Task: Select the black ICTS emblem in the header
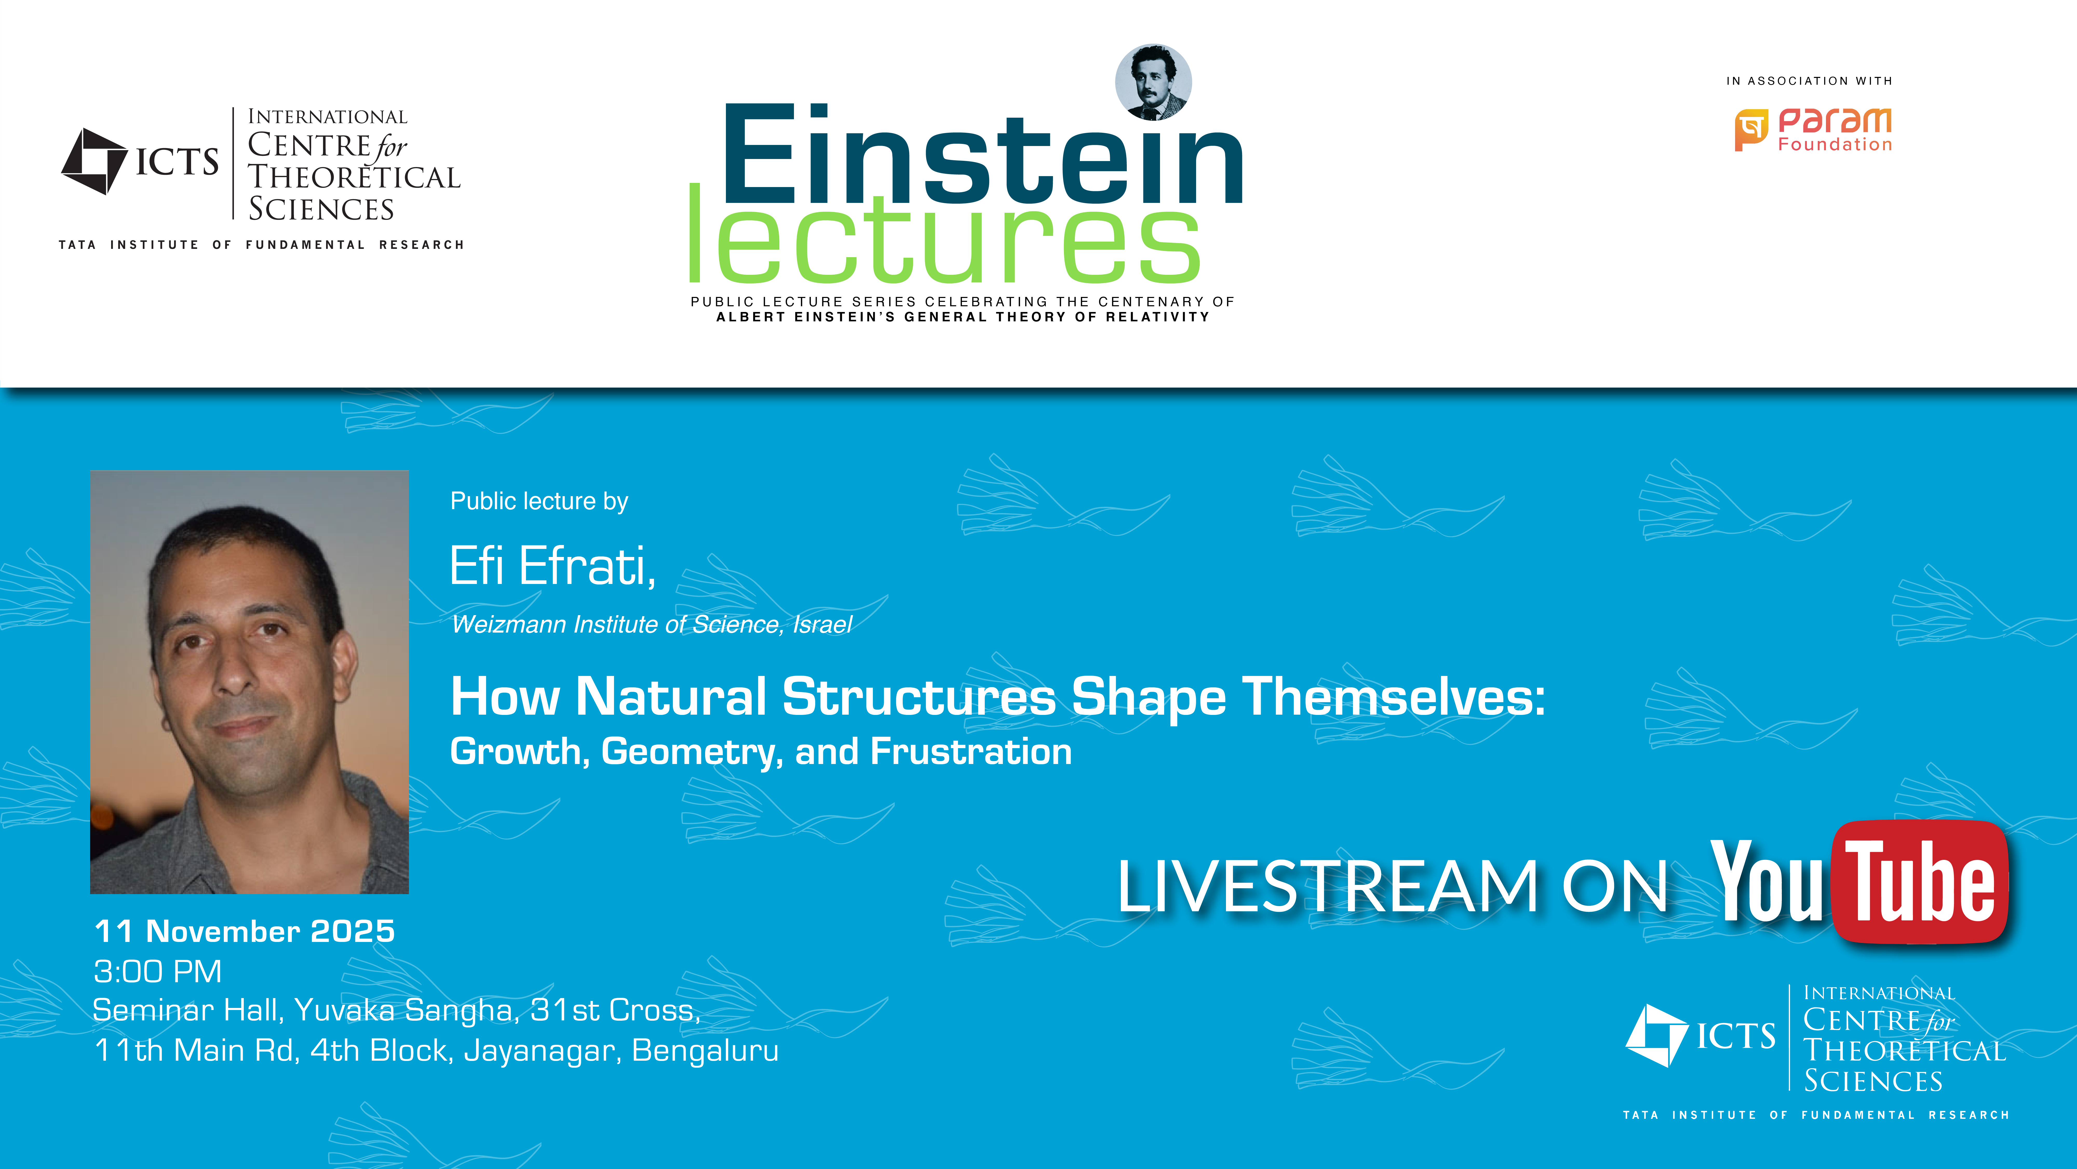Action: [94, 161]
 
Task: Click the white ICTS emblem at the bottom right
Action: [1657, 1035]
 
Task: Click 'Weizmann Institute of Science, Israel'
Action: [651, 625]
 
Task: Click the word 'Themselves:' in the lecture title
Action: [1393, 697]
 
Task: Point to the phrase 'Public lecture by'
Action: [539, 502]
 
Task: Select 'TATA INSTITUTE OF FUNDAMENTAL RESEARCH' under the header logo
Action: [261, 244]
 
